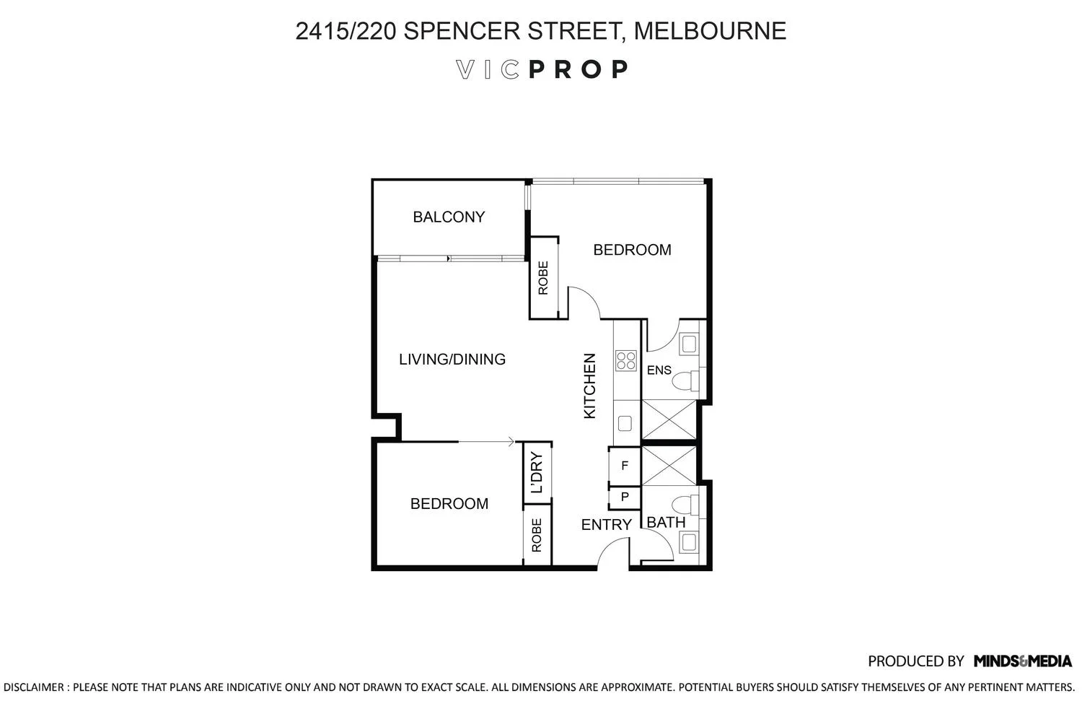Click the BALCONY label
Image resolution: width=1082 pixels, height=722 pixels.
[449, 217]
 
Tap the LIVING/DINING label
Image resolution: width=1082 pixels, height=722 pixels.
[452, 359]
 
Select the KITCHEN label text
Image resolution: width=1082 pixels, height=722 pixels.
[589, 386]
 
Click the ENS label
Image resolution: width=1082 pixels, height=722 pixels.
[659, 370]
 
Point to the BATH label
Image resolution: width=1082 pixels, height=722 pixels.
[665, 522]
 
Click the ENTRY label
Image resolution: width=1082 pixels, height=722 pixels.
[606, 525]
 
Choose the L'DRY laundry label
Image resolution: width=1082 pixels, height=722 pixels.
[536, 472]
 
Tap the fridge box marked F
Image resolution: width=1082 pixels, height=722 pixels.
[625, 466]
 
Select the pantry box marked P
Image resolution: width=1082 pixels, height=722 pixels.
[625, 497]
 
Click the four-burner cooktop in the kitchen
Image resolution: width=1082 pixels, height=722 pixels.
[625, 360]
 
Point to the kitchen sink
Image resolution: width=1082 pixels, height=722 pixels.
[625, 423]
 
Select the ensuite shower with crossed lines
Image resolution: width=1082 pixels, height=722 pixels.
[669, 419]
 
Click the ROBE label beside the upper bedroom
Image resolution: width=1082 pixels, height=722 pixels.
[543, 278]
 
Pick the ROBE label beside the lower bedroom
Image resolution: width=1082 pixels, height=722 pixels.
[537, 536]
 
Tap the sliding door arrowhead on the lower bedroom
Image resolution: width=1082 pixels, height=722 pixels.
[511, 442]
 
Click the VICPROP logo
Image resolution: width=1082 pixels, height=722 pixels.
[542, 69]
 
